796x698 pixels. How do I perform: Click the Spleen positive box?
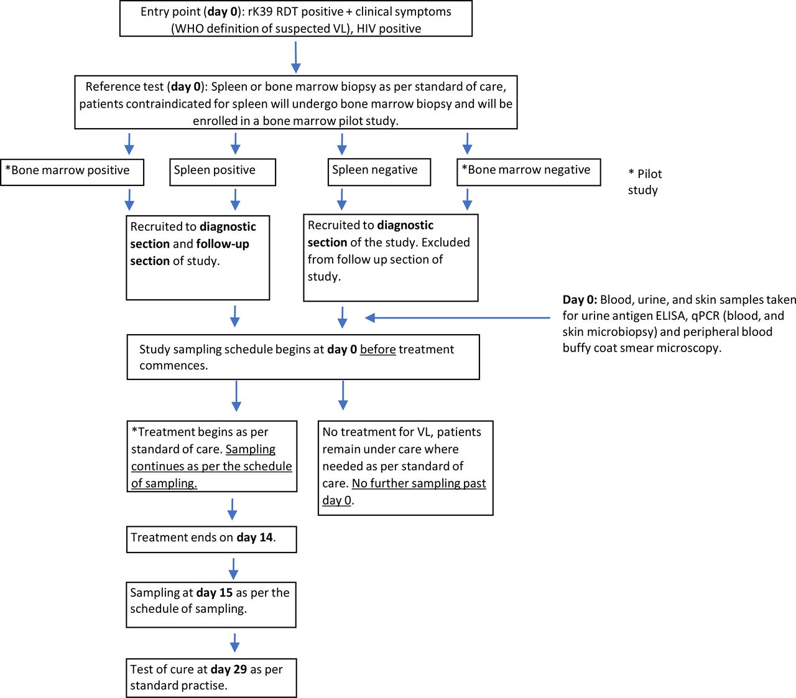click(223, 172)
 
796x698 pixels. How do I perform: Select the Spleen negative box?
click(379, 172)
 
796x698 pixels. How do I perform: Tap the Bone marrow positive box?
click(72, 172)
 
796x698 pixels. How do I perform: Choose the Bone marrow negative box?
click(529, 172)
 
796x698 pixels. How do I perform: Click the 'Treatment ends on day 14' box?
click(211, 539)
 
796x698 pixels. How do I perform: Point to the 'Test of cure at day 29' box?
click(211, 678)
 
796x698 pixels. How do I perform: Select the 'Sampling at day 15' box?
click(211, 605)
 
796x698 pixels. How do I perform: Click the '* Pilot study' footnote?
click(645, 182)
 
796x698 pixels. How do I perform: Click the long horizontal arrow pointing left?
click(457, 317)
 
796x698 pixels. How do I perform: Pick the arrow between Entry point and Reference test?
click(295, 57)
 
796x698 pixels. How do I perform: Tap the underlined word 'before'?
click(377, 349)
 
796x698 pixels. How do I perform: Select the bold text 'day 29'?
click(229, 669)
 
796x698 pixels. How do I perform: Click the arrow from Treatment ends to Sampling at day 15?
click(233, 569)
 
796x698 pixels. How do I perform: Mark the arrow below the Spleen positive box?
click(235, 199)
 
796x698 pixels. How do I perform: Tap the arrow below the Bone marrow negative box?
click(467, 199)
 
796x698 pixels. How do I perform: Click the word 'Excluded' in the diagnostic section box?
click(445, 242)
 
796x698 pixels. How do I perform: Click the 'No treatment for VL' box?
click(405, 468)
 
